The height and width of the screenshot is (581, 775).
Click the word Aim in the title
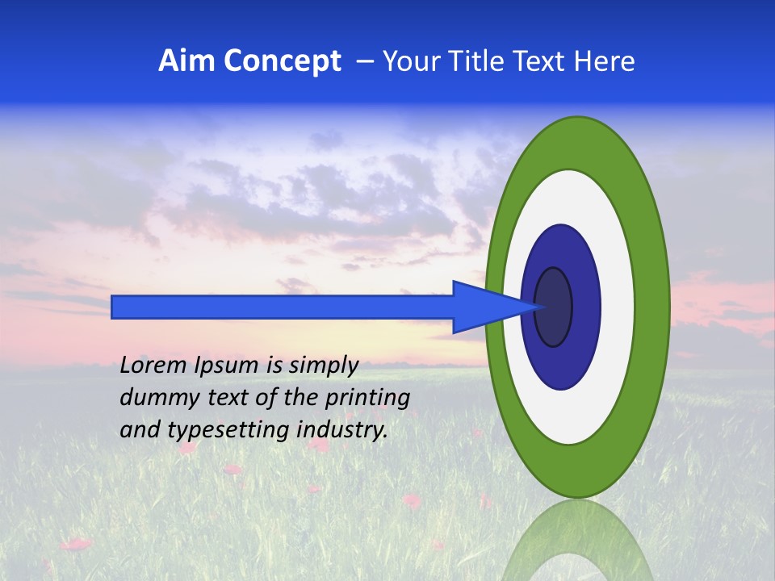click(x=187, y=61)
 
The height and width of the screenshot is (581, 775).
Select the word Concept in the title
click(x=282, y=62)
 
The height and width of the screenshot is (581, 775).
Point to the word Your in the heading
click(x=408, y=61)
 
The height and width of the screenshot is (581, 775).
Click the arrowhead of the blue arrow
click(x=492, y=307)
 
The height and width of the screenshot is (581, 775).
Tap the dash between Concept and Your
click(x=363, y=62)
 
